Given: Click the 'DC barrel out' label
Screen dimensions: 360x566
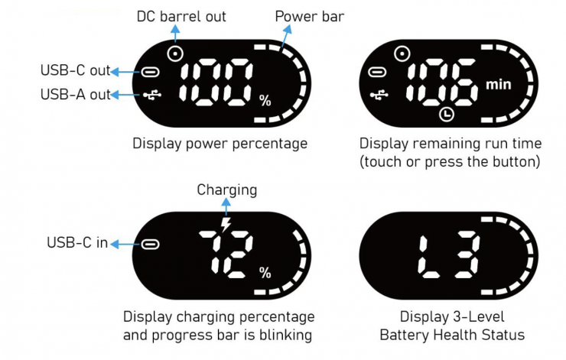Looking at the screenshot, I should pyautogui.click(x=181, y=15).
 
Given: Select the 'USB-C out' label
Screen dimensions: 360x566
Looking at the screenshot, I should pyautogui.click(x=74, y=72).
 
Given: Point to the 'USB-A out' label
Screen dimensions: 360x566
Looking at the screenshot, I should pyautogui.click(x=74, y=95).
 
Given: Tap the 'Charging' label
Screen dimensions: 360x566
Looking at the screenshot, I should pyautogui.click(x=226, y=189).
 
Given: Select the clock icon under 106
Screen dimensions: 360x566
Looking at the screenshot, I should pyautogui.click(x=446, y=114).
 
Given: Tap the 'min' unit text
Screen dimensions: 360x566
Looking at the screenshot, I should pyautogui.click(x=498, y=84).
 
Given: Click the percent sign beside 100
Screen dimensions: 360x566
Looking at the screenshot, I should pyautogui.click(x=265, y=101).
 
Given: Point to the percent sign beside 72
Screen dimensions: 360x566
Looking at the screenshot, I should pyautogui.click(x=265, y=273).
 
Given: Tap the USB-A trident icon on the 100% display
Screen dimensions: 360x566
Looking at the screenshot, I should pyautogui.click(x=150, y=95).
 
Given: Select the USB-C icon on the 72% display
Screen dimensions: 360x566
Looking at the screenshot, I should pyautogui.click(x=151, y=245).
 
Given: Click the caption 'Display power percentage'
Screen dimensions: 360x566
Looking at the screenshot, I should pyautogui.click(x=220, y=143).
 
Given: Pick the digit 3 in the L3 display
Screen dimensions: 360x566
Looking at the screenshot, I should pyautogui.click(x=467, y=255).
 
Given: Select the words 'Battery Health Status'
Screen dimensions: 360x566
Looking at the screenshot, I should pyautogui.click(x=452, y=335).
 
